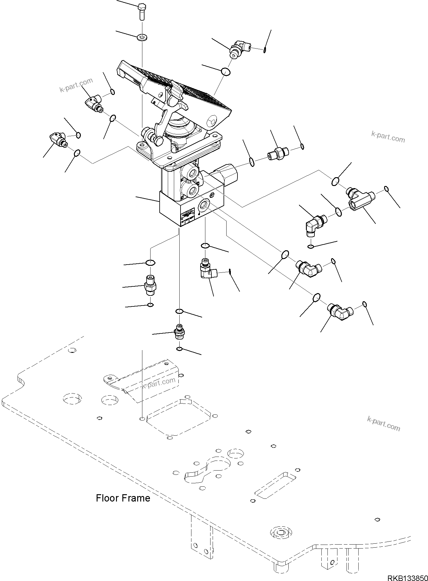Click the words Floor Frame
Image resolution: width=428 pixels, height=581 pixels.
[123, 498]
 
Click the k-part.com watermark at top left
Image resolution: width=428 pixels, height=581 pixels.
[76, 85]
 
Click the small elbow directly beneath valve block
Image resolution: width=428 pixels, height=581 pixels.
[207, 270]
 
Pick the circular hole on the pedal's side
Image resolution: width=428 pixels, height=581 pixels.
[212, 121]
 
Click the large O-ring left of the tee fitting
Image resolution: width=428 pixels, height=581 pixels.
[335, 181]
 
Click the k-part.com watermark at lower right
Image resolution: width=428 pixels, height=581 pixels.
[383, 424]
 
